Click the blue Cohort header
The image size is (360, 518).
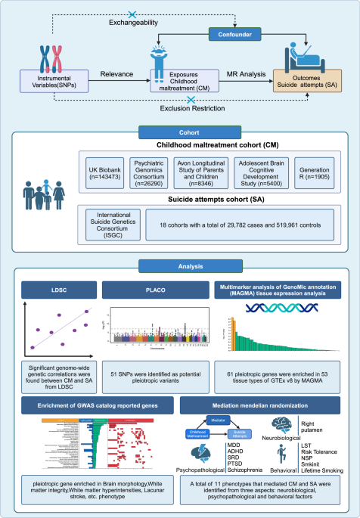coord(178,132)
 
